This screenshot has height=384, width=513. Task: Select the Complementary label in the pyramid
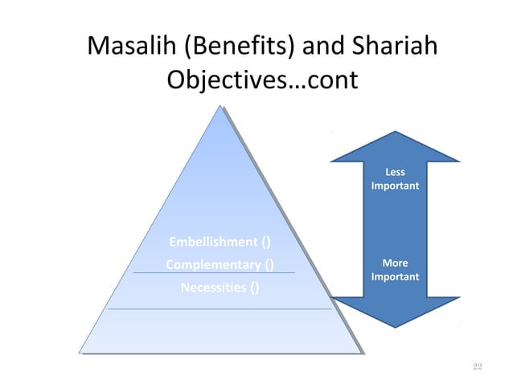(x=213, y=264)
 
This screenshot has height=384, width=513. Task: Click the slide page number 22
(x=477, y=366)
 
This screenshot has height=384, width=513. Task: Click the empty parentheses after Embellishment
(x=266, y=242)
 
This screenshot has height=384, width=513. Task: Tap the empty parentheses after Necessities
(x=254, y=287)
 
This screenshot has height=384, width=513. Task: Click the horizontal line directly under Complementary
(x=213, y=274)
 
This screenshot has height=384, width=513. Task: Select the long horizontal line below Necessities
(x=219, y=308)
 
